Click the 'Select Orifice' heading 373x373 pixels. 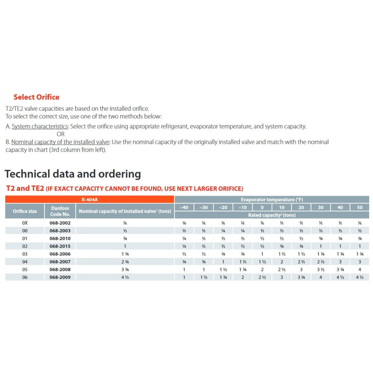36,97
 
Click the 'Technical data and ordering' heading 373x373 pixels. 73,174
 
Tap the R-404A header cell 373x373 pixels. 90,200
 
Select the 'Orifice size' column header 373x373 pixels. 25,211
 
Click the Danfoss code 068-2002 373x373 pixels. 60,223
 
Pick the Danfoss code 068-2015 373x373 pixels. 60,246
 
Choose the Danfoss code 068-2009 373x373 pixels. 60,277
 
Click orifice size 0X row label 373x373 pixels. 25,223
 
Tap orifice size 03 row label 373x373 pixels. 25,254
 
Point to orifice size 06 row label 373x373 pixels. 25,277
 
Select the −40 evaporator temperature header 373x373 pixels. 184,207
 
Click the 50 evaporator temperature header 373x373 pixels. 360,207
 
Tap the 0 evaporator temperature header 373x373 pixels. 262,207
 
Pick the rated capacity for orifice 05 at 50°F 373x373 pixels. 360,269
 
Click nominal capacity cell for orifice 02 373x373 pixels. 125,246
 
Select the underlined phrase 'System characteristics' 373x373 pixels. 40,126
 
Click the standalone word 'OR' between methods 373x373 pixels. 60,134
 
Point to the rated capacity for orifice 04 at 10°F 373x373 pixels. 282,262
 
